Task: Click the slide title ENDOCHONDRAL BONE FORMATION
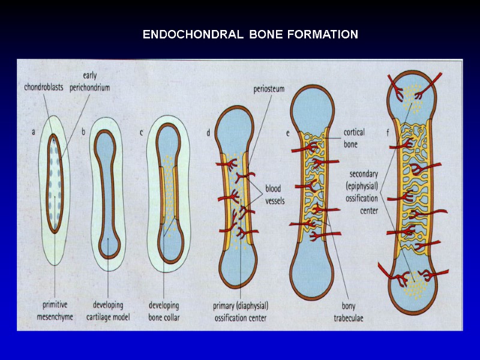point(250,34)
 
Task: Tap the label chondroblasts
point(44,87)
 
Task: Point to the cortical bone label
point(354,138)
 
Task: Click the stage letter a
point(34,134)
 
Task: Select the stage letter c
point(141,133)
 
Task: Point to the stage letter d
point(208,133)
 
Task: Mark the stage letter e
point(288,133)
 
